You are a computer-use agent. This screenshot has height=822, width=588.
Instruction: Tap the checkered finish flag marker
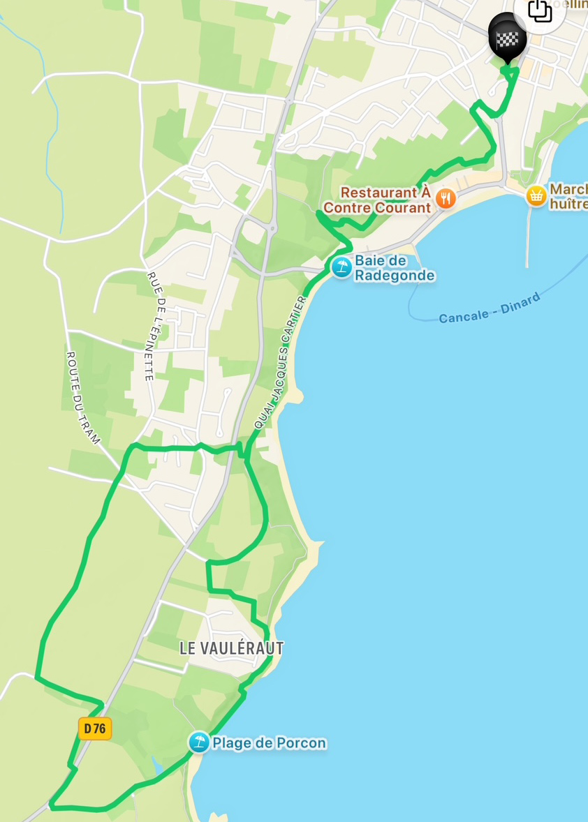(x=507, y=40)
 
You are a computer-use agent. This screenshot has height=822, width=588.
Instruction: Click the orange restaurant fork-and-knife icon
(x=446, y=198)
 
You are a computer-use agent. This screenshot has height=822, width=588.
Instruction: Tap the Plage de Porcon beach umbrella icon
(x=199, y=742)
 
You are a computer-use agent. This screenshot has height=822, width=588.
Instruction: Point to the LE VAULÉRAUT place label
(x=232, y=648)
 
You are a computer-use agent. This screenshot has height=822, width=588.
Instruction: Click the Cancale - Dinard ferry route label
(x=490, y=308)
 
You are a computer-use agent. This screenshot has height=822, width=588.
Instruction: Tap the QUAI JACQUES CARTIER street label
(x=279, y=362)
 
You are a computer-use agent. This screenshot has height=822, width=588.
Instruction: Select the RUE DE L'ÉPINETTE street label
(x=151, y=326)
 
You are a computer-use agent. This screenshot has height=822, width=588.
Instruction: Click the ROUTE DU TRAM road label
(x=83, y=397)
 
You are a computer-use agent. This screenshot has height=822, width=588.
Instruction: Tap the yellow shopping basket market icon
(x=536, y=196)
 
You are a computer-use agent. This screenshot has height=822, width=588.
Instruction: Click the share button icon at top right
(x=540, y=10)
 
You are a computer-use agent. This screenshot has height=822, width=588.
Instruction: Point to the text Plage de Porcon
(x=270, y=743)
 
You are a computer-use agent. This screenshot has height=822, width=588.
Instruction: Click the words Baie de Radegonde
(x=395, y=268)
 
